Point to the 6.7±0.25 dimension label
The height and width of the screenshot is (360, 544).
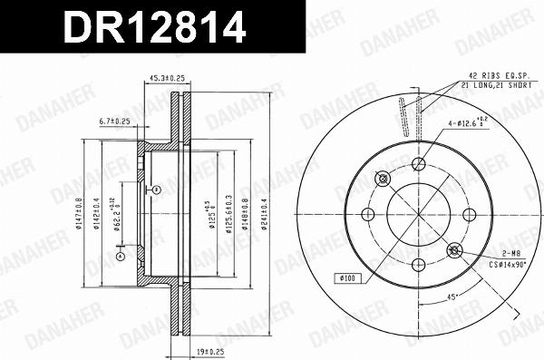[x=114, y=121]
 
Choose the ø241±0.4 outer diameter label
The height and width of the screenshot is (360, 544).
[x=264, y=215]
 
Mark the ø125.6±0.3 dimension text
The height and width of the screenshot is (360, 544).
[x=228, y=215]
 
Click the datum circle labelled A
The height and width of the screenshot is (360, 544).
[x=119, y=256]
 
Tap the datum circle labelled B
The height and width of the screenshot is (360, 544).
[x=156, y=190]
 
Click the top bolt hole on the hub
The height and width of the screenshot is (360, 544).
[x=418, y=164]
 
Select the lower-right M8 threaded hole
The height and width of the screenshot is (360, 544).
[x=454, y=250]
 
